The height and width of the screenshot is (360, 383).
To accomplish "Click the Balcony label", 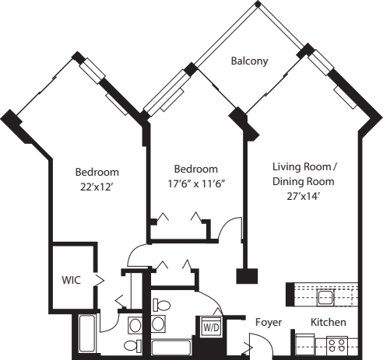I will click(249, 61).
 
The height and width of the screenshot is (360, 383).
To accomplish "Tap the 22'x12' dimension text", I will click(97, 187).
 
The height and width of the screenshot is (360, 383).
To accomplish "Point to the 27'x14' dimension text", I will click(303, 196).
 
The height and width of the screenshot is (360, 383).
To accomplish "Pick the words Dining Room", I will click(303, 181).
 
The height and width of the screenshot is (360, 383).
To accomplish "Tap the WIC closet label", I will click(72, 278).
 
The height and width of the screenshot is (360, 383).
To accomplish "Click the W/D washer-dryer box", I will click(211, 327).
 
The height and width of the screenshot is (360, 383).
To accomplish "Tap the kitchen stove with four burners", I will click(336, 343).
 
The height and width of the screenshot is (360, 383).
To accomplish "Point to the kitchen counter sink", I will click(325, 296).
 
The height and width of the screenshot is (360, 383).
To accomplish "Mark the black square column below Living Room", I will click(248, 276).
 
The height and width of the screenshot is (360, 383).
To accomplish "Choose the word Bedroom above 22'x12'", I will click(97, 172).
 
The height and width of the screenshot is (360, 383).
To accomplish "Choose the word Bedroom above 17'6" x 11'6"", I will click(195, 169).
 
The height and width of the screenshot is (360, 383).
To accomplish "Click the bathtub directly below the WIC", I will click(86, 334).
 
